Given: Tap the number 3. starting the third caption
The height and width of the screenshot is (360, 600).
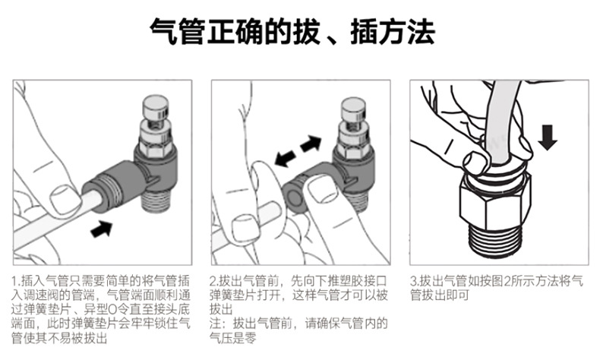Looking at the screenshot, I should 414,279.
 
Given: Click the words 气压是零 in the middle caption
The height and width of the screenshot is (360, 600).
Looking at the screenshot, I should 235,339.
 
